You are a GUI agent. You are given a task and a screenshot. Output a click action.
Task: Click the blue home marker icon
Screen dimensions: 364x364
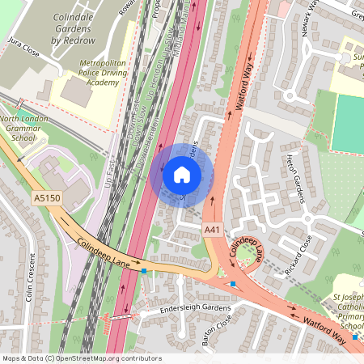tap(182, 174)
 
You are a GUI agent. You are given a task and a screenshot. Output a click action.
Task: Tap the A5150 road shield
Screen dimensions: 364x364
tap(46, 197)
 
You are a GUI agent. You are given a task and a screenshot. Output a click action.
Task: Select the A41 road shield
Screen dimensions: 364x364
tap(212, 231)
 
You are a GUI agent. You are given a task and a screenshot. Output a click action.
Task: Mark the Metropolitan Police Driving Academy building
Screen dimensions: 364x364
tap(76, 91)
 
